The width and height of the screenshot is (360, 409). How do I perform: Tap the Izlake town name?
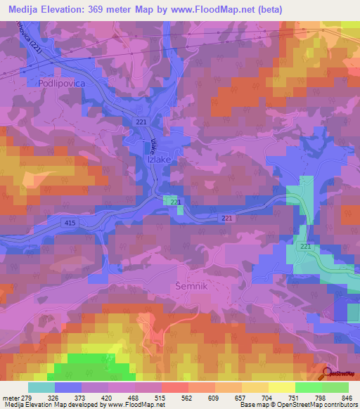(159, 160)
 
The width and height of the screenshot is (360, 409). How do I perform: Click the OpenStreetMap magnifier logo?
(327, 373)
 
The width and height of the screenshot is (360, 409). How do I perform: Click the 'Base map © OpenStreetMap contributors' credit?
(297, 404)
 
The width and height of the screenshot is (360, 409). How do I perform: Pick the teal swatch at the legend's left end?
(41, 387)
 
